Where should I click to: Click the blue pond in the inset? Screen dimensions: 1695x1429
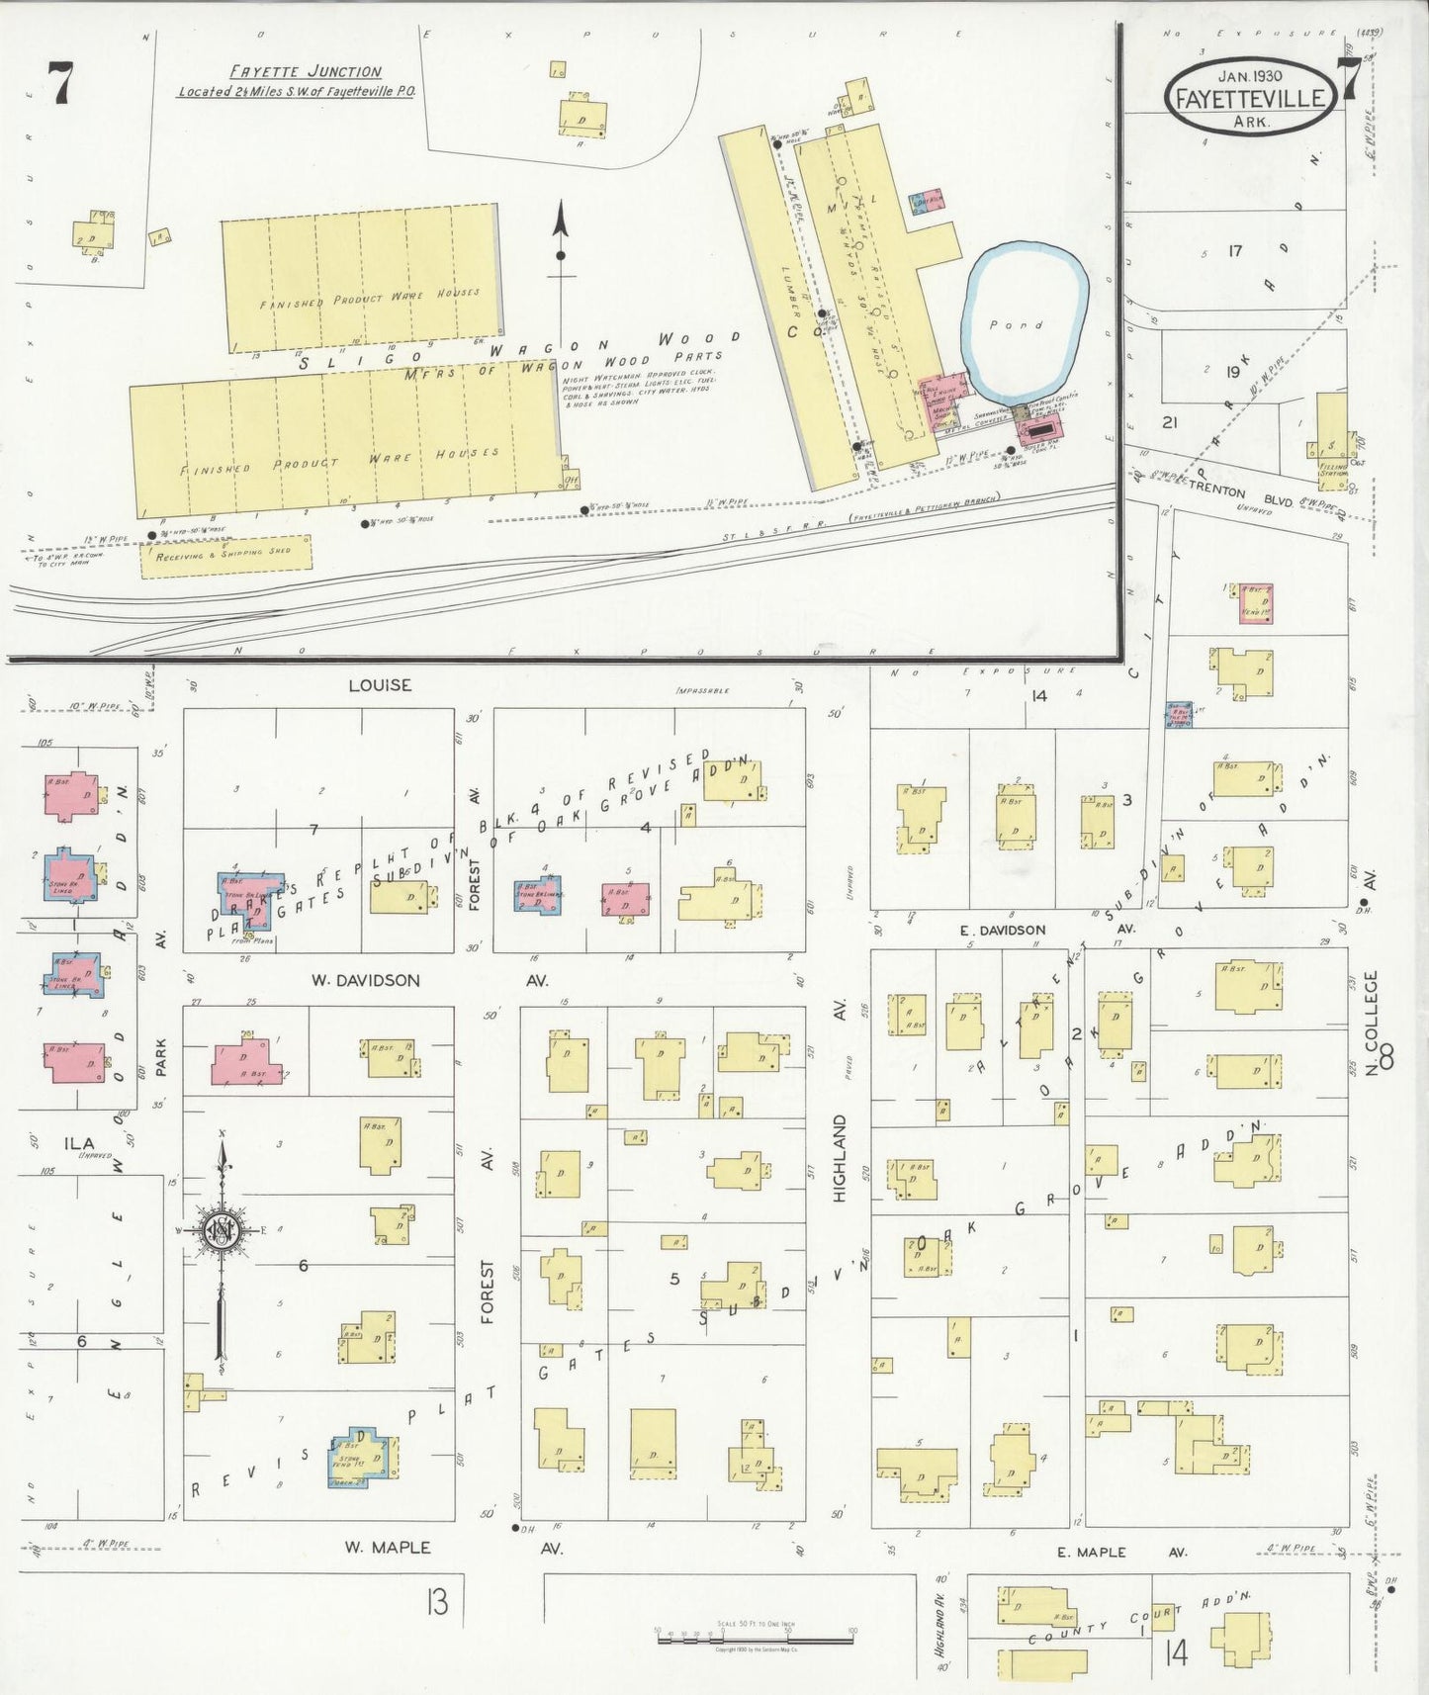pos(1026,321)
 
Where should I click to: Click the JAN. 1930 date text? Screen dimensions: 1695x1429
pos(1250,76)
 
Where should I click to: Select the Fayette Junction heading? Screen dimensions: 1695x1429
pos(306,71)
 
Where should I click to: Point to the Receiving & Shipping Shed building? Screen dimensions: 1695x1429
pos(225,555)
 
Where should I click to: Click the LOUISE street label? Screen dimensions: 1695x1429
pos(380,684)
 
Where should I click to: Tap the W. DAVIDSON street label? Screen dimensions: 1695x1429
pos(365,980)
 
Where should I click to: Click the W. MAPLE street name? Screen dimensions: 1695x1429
pos(387,1547)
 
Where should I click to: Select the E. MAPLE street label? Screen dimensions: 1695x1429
pos(1091,1552)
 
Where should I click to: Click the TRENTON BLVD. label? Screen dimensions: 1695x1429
pos(1241,493)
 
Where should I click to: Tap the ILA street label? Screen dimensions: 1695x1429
pos(80,1143)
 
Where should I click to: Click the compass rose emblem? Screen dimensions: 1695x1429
pos(220,1230)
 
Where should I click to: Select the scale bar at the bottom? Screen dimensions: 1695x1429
pos(755,1640)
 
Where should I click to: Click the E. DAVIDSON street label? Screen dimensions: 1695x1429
pos(1002,930)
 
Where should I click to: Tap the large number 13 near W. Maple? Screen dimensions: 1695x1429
pos(437,1600)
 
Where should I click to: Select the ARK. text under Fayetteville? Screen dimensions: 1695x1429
pos(1252,122)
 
